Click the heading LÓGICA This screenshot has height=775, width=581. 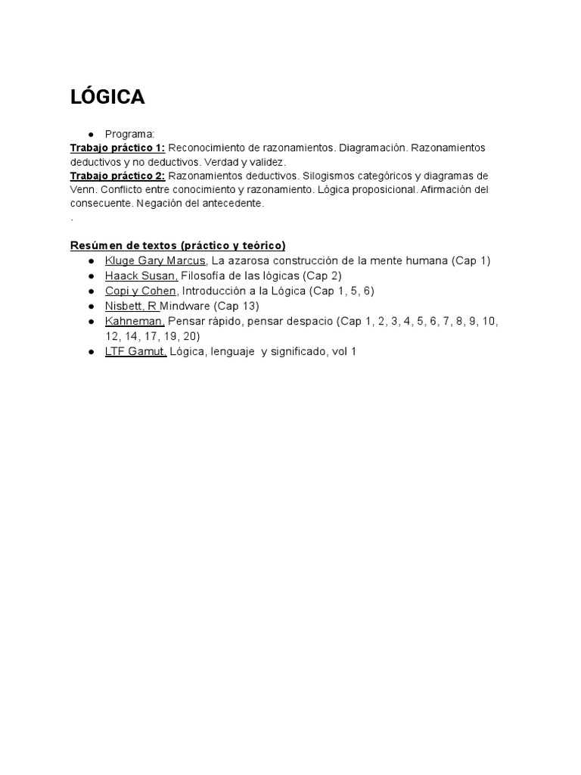click(107, 98)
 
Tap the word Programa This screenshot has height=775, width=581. click(129, 133)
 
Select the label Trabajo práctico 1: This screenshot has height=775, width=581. click(117, 148)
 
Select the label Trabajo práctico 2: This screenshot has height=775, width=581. click(117, 176)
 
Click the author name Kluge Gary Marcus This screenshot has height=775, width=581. click(155, 260)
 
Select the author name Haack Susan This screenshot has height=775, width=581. click(141, 275)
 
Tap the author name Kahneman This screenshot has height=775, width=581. click(135, 322)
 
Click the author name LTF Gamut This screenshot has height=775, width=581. click(135, 352)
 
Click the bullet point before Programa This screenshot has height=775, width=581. click(91, 134)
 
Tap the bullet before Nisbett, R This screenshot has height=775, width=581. click(91, 307)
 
